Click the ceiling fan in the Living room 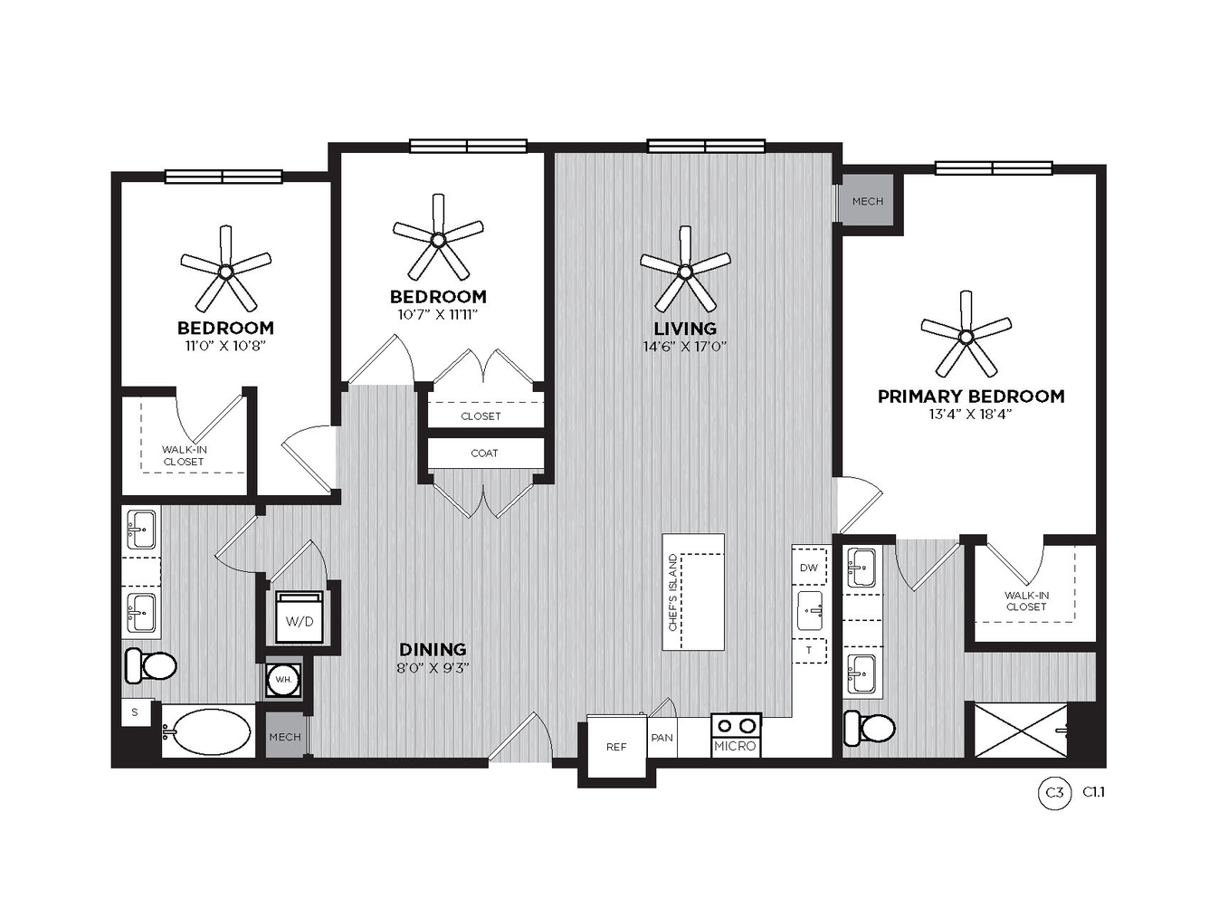[x=685, y=272]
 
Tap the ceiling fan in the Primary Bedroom [x=966, y=336]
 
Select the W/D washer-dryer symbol [x=300, y=616]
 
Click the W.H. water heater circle [x=283, y=680]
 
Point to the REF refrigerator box [x=617, y=746]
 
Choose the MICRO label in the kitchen [x=736, y=746]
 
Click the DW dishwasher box [x=809, y=566]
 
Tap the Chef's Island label [x=672, y=593]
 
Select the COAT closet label [x=484, y=454]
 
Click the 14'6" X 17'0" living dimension [x=685, y=347]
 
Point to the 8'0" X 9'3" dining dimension [x=433, y=668]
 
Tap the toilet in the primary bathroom [x=869, y=728]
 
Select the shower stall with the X [x=1021, y=730]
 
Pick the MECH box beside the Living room [x=868, y=201]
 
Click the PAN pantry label [x=662, y=738]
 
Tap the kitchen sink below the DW [x=810, y=611]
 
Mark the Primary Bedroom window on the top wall [x=993, y=168]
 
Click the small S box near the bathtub [x=135, y=712]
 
